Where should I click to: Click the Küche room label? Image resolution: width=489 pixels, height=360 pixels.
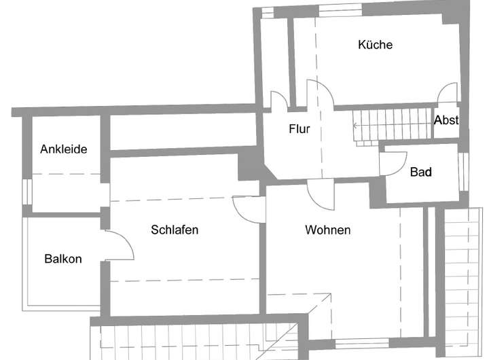point(375,45)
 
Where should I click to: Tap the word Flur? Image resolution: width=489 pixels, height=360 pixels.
point(299,128)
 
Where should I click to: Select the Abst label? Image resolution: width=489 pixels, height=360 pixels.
point(446,120)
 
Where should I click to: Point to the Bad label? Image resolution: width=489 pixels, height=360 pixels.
point(420,173)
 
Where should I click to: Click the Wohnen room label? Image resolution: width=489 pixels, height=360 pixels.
point(327,230)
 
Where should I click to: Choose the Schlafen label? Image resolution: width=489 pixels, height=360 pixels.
point(175,230)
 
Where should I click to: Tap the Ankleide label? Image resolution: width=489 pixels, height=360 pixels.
point(64,149)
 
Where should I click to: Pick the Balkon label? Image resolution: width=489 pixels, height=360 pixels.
point(63,259)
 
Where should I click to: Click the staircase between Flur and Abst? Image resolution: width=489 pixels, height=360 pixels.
point(394,125)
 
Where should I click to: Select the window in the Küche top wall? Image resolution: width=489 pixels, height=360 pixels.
point(340,10)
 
